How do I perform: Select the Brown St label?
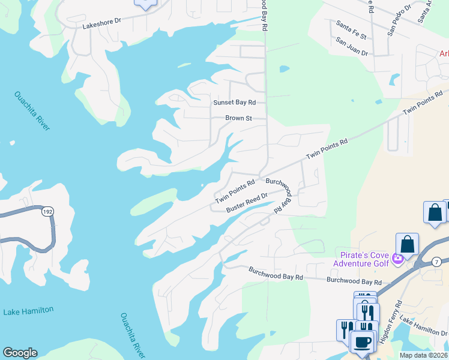point(238,118)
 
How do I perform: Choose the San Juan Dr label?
point(352,46)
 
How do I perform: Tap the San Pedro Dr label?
point(399,20)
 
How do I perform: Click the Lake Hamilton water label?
point(28,311)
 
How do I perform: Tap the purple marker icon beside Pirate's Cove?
point(397,259)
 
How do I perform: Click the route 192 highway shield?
point(47,212)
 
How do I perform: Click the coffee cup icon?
point(362,341)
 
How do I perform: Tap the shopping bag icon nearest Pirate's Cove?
point(407,244)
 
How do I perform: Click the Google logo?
point(20,353)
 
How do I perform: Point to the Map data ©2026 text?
point(424,355)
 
